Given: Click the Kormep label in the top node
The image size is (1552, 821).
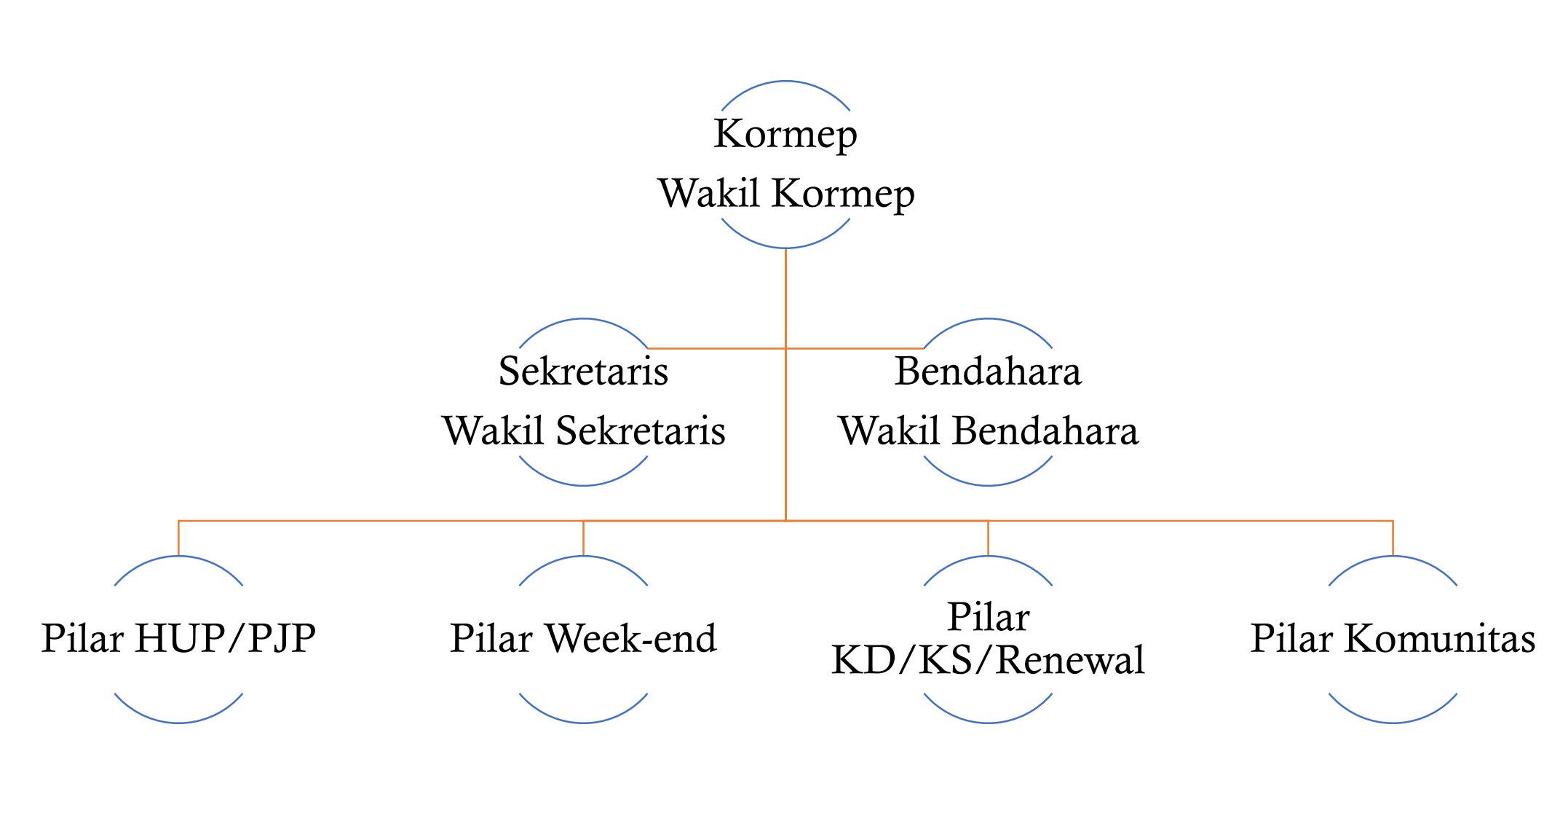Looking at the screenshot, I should coord(785,134).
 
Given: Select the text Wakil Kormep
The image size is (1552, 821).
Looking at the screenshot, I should coord(785,194).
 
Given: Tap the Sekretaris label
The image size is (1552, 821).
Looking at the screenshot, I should coord(583,371).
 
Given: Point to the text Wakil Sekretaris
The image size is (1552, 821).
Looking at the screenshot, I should coord(583,431).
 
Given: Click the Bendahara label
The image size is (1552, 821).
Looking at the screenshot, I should coord(988,371).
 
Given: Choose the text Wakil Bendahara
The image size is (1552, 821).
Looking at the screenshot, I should coord(988,431).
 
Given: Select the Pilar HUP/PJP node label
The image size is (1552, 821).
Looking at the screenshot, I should coord(178,639).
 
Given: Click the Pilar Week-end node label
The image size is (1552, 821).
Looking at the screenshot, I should coord(583,639).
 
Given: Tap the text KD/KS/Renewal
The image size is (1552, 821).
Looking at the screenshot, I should coord(988,661).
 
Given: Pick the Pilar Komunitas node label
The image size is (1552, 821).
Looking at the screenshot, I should coord(1393,639).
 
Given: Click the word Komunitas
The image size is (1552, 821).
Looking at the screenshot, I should coord(1439,639).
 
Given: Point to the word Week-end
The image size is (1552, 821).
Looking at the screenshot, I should coord(631,639).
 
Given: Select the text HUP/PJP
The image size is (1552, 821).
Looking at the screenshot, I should coord(226,639).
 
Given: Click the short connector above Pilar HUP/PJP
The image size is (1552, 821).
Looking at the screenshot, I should coord(178,538).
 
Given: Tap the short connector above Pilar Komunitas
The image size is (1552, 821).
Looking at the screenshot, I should coord(1393,538).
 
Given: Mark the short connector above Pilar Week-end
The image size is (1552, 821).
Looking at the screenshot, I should coord(583,538).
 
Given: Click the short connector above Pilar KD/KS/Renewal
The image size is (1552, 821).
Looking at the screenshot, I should coord(988,538).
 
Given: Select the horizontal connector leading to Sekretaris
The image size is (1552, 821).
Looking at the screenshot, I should coord(716,348).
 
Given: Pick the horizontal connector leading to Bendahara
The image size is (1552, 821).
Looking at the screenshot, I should coord(855,348).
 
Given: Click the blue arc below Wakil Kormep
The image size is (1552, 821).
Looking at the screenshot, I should coord(785,247).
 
